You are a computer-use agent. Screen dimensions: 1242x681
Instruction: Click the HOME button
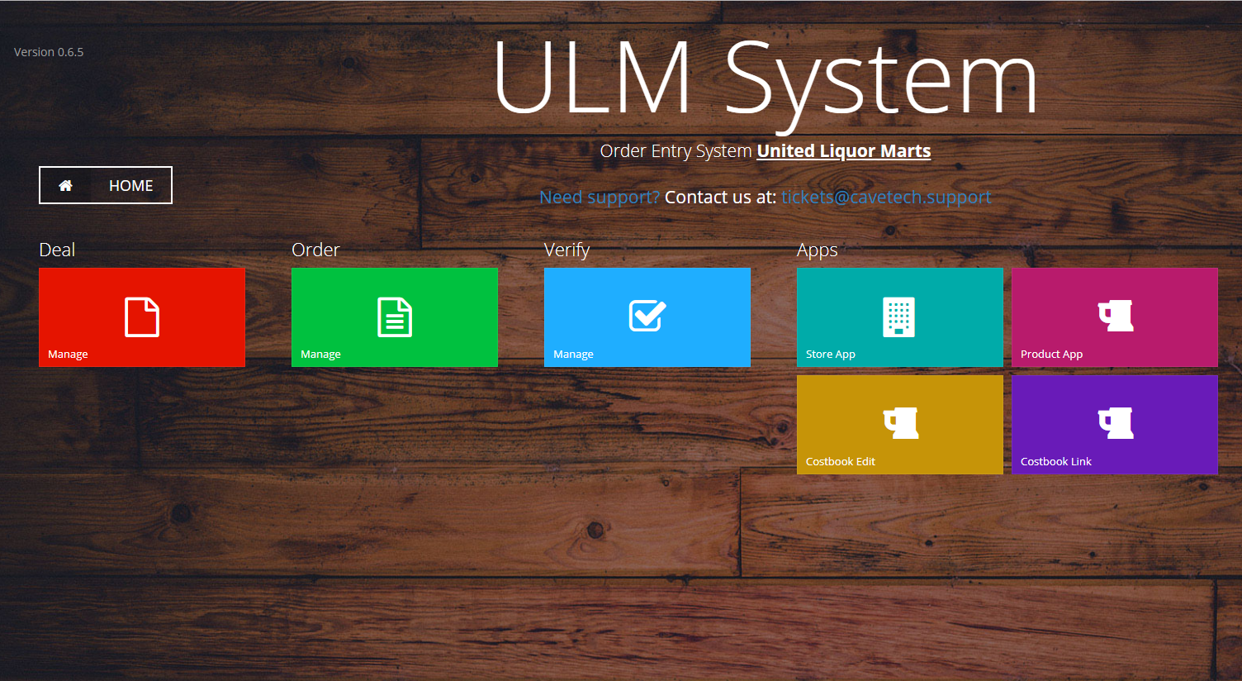[106, 185]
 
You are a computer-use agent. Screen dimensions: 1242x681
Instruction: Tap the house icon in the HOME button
[65, 185]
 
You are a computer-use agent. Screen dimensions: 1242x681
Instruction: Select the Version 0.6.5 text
[49, 52]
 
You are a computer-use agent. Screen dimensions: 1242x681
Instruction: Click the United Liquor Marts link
[843, 151]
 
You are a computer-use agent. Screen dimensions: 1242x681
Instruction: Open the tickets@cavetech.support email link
[886, 197]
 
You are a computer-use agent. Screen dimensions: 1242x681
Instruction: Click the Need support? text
[600, 198]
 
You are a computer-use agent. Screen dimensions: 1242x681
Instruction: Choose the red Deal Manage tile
[142, 317]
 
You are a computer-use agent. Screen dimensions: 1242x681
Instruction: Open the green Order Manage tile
[395, 317]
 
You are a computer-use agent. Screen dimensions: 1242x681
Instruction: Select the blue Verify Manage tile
[647, 317]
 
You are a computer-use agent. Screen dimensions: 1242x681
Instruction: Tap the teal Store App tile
[900, 317]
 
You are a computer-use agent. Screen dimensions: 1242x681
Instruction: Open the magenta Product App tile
[1115, 317]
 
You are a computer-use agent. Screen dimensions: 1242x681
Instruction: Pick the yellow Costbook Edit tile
[900, 425]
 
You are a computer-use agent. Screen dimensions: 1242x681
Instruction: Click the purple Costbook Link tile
[1115, 425]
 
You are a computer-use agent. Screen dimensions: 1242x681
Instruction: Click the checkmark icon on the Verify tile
[647, 315]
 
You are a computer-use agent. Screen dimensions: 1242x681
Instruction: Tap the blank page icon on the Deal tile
[142, 317]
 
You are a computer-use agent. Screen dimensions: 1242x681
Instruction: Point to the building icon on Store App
[898, 317]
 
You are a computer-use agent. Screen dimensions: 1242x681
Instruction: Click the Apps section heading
[817, 250]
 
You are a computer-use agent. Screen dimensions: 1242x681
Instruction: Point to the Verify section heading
[566, 250]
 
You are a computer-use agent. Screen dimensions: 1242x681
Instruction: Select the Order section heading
[315, 250]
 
